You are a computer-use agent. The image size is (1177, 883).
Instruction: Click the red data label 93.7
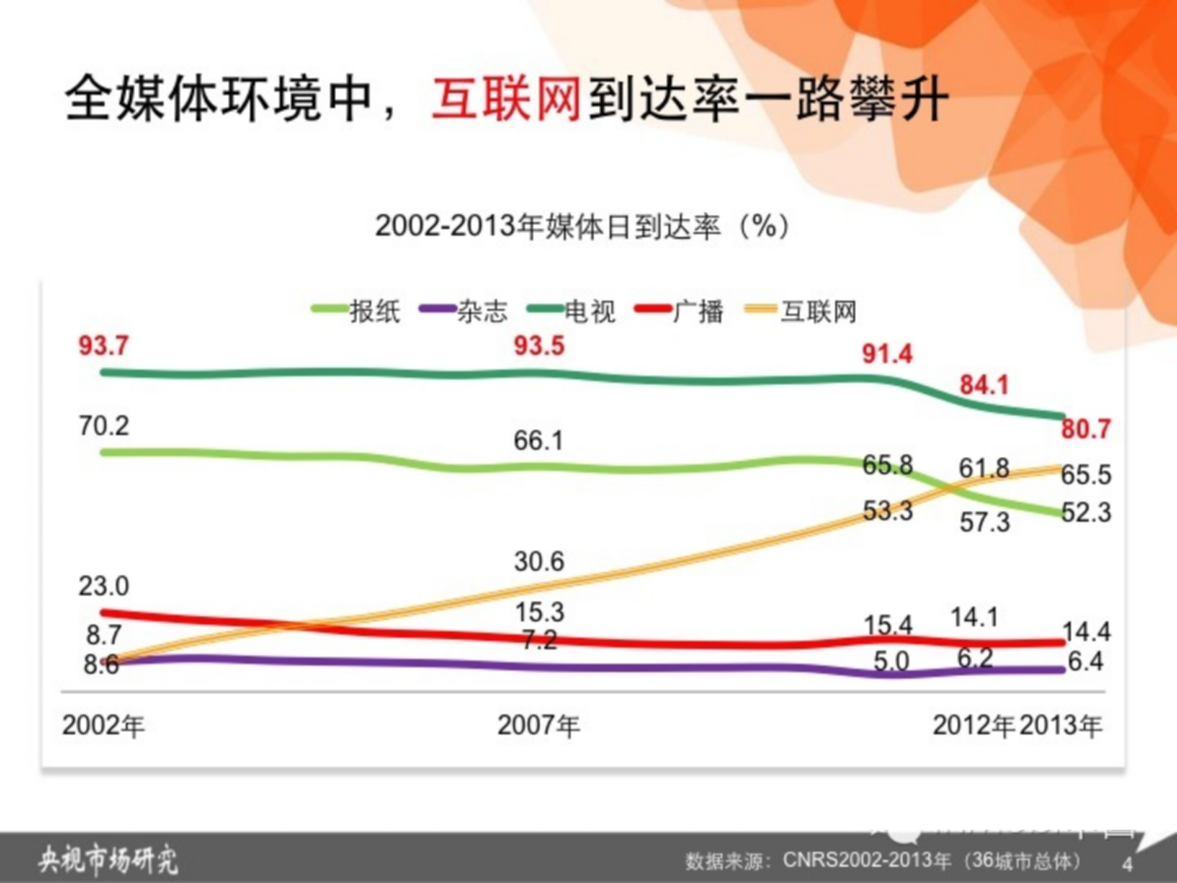pyautogui.click(x=104, y=346)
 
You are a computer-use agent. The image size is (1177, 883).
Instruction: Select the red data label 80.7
pyautogui.click(x=1086, y=429)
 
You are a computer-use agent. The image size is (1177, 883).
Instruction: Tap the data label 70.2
pyautogui.click(x=104, y=426)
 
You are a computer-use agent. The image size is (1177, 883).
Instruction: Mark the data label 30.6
pyautogui.click(x=539, y=562)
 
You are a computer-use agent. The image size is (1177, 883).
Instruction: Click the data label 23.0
pyautogui.click(x=104, y=586)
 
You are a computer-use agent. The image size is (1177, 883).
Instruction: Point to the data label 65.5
pyautogui.click(x=1086, y=475)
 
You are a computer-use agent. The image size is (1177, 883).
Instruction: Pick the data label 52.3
pyautogui.click(x=1086, y=512)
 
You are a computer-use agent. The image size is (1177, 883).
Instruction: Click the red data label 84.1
pyautogui.click(x=984, y=385)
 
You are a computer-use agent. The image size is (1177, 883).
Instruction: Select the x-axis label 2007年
pyautogui.click(x=538, y=725)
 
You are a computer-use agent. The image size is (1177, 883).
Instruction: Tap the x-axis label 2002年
pyautogui.click(x=103, y=725)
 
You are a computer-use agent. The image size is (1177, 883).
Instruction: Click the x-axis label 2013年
pyautogui.click(x=1061, y=725)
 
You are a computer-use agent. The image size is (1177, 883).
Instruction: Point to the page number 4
pyautogui.click(x=1127, y=864)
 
